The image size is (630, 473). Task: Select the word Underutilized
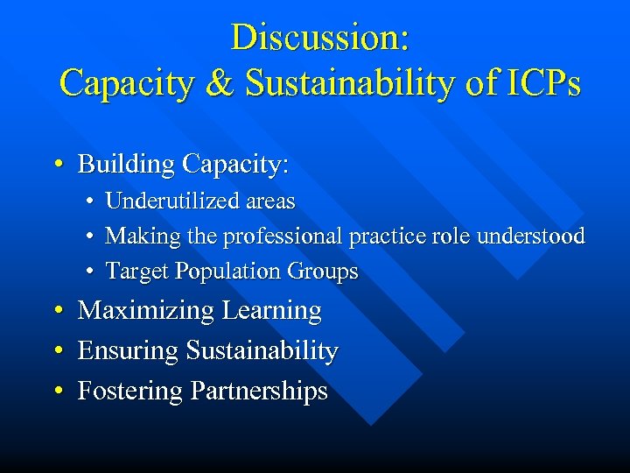click(x=172, y=201)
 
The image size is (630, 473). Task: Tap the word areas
click(x=270, y=201)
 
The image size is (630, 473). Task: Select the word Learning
click(x=272, y=312)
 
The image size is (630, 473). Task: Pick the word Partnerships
click(x=258, y=392)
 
